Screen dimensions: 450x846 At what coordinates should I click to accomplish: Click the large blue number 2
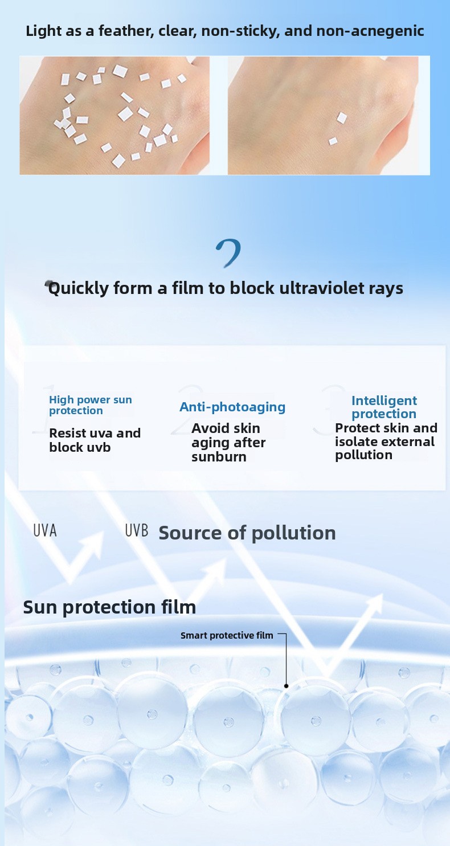click(228, 253)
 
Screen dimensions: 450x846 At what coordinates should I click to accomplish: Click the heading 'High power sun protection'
click(91, 405)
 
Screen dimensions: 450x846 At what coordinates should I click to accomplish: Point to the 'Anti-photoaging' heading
click(232, 407)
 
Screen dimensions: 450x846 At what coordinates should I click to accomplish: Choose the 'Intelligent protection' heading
click(384, 407)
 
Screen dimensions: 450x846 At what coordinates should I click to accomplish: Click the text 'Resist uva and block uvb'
click(95, 440)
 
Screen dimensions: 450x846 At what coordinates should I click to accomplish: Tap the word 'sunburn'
click(219, 457)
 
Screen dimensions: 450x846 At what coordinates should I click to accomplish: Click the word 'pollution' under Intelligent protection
click(363, 455)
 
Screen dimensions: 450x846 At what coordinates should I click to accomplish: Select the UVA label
click(45, 530)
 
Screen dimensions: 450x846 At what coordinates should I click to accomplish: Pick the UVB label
click(136, 530)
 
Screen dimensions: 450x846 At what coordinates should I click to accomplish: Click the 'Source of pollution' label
click(247, 533)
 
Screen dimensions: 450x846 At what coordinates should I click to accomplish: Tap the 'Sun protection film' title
click(109, 607)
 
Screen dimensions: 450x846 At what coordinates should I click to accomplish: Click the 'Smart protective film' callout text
click(227, 636)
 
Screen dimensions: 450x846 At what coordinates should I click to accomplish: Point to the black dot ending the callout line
click(286, 686)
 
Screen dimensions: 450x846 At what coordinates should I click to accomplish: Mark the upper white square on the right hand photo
click(342, 118)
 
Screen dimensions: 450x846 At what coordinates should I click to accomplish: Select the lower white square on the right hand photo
click(333, 141)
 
